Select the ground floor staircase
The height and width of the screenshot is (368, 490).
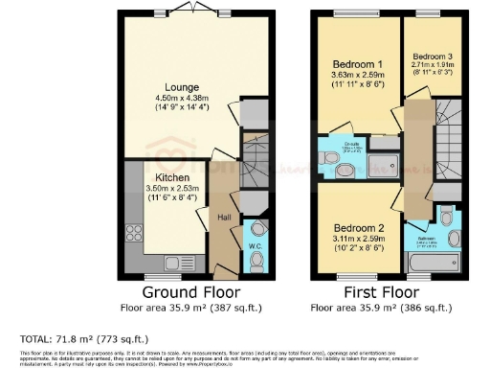255,163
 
